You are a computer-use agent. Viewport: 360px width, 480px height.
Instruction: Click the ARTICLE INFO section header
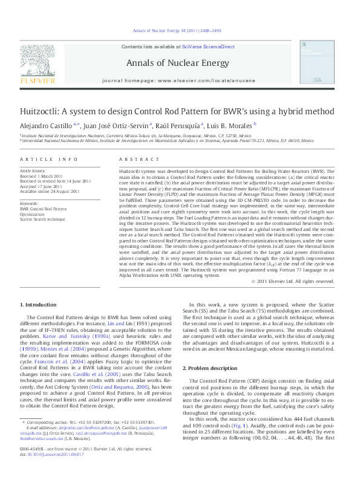pos(49,159)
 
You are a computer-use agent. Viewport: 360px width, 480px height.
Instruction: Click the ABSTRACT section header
pos(127,159)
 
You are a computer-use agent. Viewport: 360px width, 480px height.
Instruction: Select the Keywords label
pos(29,204)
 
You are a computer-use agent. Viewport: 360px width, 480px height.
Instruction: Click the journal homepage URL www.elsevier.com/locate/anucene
pos(208,79)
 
